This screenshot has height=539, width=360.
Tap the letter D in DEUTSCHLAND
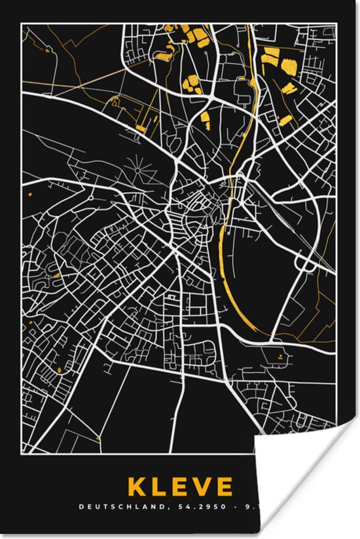81,506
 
